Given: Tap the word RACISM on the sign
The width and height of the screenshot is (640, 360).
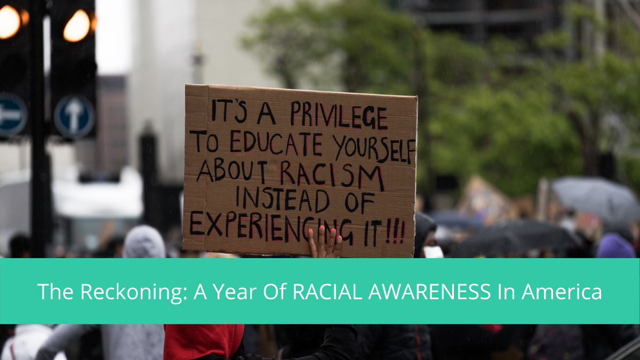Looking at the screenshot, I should coord(332,175).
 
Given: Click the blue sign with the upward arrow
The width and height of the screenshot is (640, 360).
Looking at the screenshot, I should coord(74,117).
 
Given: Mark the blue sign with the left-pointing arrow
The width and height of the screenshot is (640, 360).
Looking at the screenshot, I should coord(12,114).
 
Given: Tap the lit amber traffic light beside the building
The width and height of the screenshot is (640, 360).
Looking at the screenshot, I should coord(77,25).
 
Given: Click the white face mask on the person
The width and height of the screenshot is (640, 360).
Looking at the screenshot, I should coord(433,252).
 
